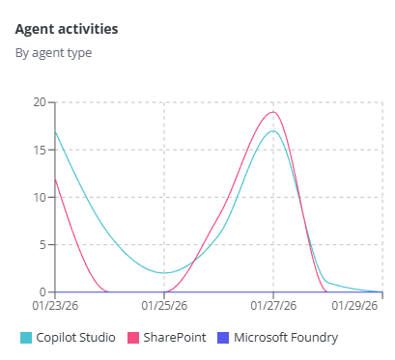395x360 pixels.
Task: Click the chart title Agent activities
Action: click(67, 29)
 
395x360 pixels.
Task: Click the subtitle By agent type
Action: click(53, 53)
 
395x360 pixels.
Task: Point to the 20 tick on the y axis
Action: click(39, 102)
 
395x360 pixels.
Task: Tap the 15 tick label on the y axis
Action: click(39, 150)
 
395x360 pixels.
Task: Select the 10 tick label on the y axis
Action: click(39, 197)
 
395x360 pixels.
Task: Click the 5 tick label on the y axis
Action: click(42, 244)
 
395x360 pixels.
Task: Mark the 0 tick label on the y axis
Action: click(42, 291)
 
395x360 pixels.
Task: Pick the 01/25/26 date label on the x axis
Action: click(164, 306)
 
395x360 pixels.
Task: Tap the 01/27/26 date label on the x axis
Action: click(273, 306)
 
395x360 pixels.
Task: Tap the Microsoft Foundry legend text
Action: click(286, 338)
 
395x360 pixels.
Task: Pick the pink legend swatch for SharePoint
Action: click(133, 338)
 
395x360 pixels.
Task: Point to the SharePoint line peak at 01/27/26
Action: click(273, 112)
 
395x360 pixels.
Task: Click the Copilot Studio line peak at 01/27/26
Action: click(273, 131)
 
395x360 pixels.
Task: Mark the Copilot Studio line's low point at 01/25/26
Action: click(164, 273)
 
